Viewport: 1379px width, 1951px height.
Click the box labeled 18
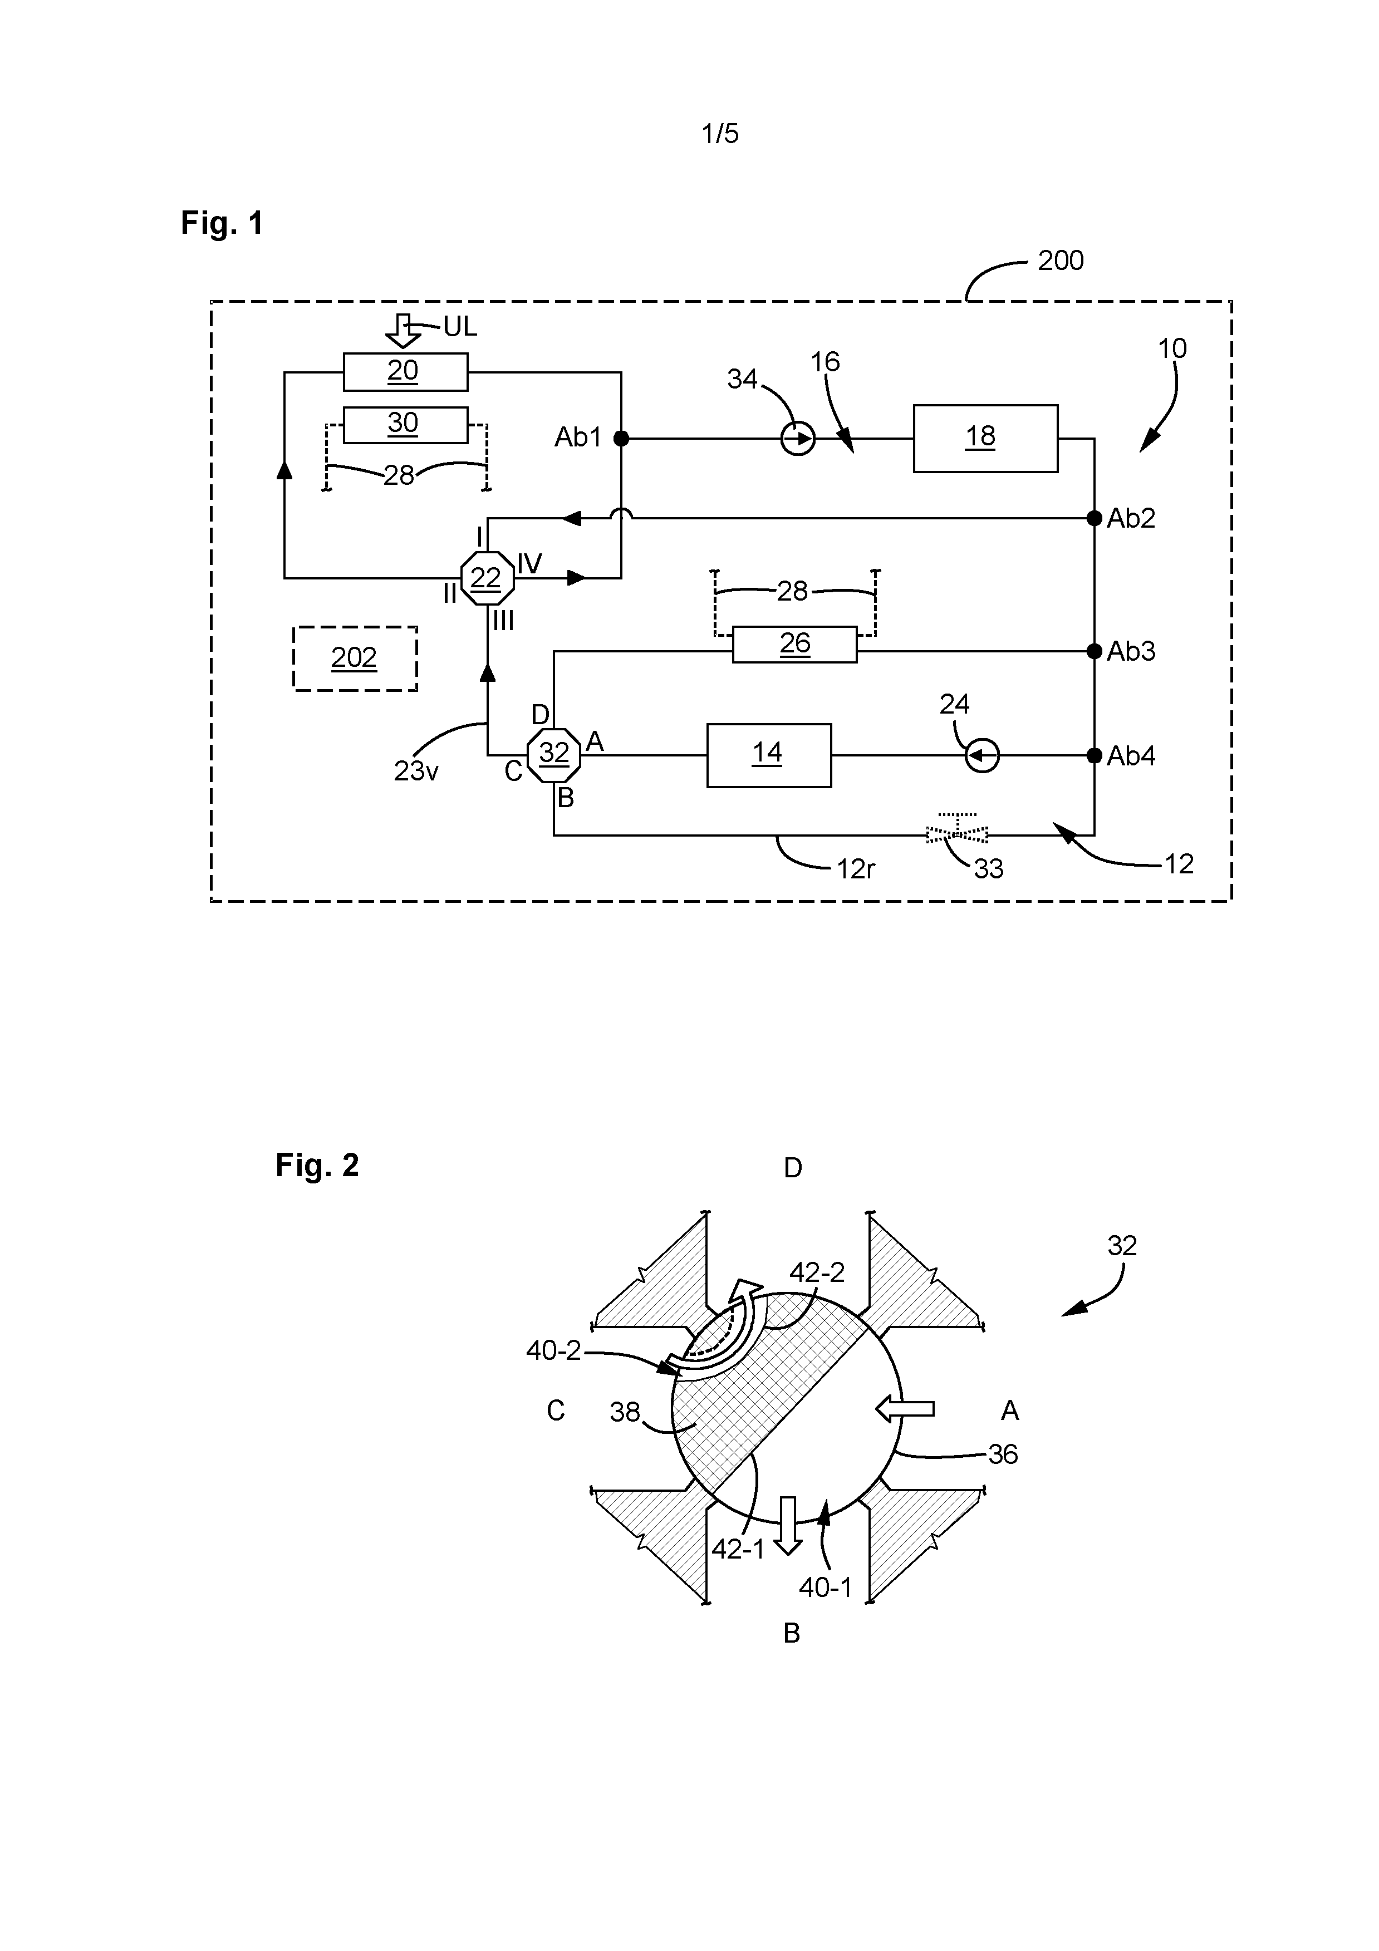(985, 439)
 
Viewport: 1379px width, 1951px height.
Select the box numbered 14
(769, 755)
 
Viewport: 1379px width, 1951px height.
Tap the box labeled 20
(405, 371)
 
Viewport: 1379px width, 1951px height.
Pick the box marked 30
(405, 425)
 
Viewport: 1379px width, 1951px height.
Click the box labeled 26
(794, 644)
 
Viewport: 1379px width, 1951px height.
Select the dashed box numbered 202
(355, 658)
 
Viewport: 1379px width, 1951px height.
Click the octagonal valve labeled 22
(487, 578)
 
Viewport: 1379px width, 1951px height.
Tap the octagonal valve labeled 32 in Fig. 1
(554, 754)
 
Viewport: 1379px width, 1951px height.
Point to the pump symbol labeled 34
(798, 439)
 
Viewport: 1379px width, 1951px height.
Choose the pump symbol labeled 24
(982, 755)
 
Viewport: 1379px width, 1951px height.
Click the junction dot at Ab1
(621, 439)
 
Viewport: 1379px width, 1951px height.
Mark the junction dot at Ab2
(1095, 518)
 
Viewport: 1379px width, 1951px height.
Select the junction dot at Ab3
(1095, 651)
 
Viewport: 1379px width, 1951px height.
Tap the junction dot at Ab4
(1095, 755)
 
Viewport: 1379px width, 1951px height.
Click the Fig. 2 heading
(317, 1165)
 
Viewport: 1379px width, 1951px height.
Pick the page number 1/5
(720, 134)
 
